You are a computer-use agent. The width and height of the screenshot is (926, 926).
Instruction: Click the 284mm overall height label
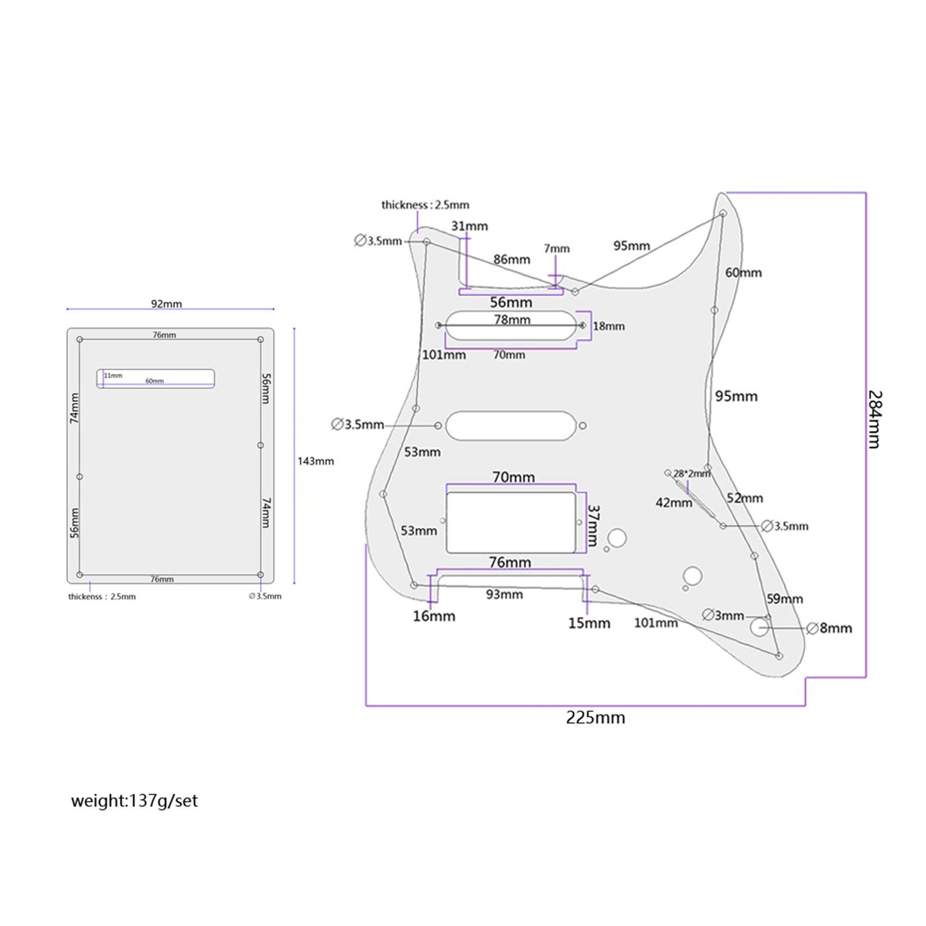(x=875, y=419)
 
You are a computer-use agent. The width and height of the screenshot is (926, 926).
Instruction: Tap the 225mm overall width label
(x=595, y=718)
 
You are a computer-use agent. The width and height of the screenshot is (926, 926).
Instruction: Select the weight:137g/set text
(x=135, y=801)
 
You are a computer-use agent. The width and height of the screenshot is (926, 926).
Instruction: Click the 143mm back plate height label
(x=315, y=461)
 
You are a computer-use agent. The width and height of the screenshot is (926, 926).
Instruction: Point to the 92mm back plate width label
(x=167, y=304)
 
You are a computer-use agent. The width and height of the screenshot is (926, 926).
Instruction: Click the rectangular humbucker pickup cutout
(x=511, y=522)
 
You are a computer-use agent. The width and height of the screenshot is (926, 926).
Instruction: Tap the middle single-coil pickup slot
(x=511, y=426)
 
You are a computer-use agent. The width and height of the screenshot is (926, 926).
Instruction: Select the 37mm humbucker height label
(x=593, y=525)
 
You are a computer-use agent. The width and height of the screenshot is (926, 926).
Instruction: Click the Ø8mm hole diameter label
(x=829, y=628)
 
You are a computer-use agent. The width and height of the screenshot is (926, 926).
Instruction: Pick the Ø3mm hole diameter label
(x=723, y=615)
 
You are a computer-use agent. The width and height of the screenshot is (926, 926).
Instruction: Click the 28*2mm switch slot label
(x=691, y=474)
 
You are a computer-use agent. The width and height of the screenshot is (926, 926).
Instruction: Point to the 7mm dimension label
(x=557, y=249)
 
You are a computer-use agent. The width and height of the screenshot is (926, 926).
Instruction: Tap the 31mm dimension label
(x=470, y=226)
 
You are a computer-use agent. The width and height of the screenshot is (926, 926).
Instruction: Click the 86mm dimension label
(x=511, y=260)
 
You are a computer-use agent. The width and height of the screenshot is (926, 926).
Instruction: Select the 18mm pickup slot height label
(x=608, y=326)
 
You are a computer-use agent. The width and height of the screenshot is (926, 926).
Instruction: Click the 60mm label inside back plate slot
(x=154, y=381)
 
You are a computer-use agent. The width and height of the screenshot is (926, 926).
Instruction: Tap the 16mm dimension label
(x=434, y=616)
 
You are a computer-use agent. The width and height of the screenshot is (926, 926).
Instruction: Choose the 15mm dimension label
(x=589, y=623)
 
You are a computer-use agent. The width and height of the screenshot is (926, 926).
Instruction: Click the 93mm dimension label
(x=504, y=594)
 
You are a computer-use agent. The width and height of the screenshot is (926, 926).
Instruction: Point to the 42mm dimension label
(x=674, y=503)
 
